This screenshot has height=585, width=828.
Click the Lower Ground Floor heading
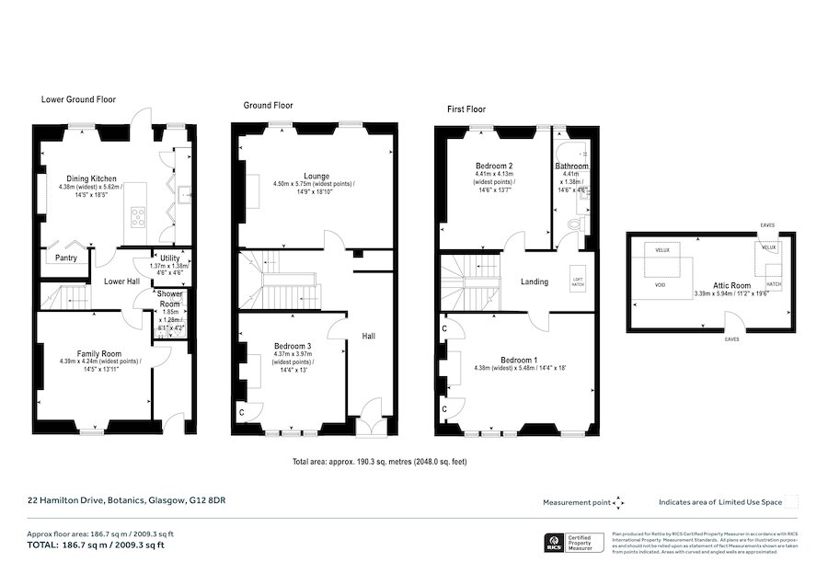click(x=78, y=99)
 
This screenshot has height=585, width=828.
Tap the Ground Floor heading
click(x=268, y=106)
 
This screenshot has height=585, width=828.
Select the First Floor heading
click(x=466, y=109)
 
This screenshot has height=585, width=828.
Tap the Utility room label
click(x=169, y=258)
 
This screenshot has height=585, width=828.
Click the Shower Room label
click(x=170, y=299)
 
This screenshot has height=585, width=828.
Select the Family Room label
click(x=99, y=353)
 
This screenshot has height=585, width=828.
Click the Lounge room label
click(x=316, y=176)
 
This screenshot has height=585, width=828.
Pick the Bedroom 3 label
click(x=293, y=347)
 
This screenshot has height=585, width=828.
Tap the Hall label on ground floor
click(x=368, y=336)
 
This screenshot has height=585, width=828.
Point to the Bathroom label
click(x=571, y=166)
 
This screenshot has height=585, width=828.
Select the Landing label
click(x=535, y=281)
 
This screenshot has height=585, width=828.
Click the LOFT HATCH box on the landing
click(x=578, y=283)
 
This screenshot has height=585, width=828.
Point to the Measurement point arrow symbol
click(x=618, y=502)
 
